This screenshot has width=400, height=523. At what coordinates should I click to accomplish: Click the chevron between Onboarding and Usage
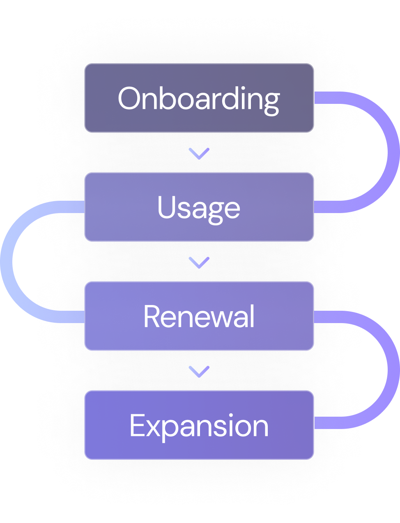click(199, 154)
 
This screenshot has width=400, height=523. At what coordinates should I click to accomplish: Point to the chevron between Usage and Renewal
click(199, 262)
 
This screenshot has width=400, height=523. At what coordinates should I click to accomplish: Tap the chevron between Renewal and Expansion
click(199, 371)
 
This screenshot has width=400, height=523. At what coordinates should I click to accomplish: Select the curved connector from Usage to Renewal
click(7, 261)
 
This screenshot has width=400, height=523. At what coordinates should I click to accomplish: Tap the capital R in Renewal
click(154, 317)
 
